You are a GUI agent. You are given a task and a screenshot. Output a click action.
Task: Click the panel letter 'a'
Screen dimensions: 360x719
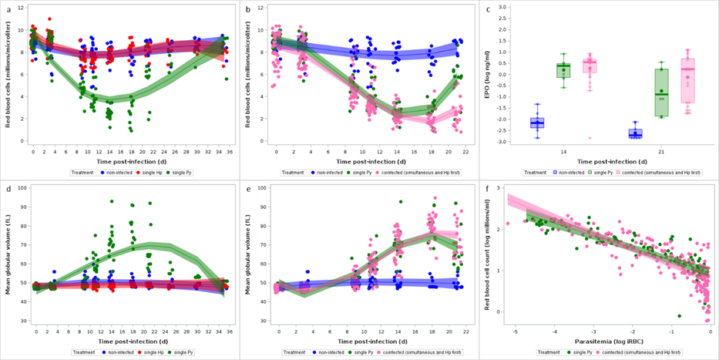(x=8, y=8)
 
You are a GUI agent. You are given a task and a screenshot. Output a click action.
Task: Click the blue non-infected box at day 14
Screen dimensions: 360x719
(x=538, y=123)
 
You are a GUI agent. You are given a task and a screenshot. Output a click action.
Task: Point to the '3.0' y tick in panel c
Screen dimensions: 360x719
(x=502, y=7)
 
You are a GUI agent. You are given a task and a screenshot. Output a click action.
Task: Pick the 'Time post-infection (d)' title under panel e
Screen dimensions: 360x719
(x=364, y=340)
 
